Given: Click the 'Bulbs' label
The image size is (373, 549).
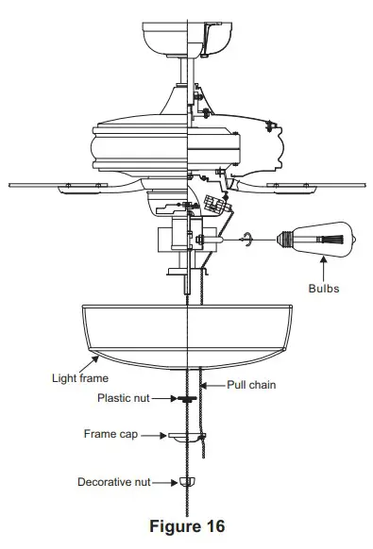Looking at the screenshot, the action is [x=324, y=289].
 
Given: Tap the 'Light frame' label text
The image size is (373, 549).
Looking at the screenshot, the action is [x=80, y=378].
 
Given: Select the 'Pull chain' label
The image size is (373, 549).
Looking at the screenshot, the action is [x=251, y=385].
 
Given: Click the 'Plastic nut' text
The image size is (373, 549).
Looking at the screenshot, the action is [x=124, y=398].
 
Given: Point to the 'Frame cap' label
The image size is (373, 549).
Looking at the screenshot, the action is [x=110, y=434].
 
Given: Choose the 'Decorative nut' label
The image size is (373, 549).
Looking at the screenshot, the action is [x=114, y=482].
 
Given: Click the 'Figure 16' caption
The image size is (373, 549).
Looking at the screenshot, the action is [x=187, y=526].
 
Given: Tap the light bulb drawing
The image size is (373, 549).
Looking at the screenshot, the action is [x=315, y=240].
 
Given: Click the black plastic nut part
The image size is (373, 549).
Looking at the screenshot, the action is [x=187, y=398].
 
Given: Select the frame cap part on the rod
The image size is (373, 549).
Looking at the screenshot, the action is [x=187, y=437].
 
